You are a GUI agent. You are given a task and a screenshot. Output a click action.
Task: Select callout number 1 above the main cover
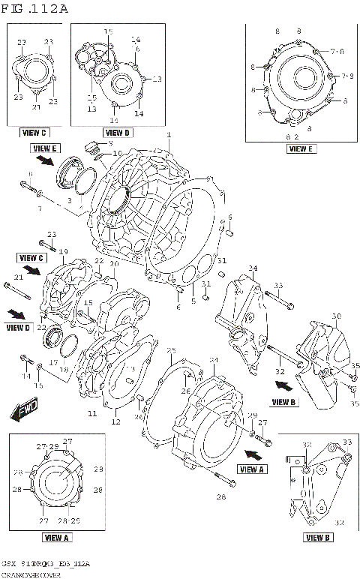pyautogui.click(x=169, y=135)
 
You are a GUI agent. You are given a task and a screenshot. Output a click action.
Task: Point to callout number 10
pyautogui.click(x=116, y=154)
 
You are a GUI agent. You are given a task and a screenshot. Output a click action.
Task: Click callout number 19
pyautogui.click(x=64, y=251)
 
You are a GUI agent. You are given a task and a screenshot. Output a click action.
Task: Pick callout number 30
pyautogui.click(x=336, y=316)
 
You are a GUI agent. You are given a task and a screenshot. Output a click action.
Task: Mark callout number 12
pyautogui.click(x=116, y=422)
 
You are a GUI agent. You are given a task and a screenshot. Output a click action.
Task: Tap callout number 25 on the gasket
pyautogui.click(x=171, y=351)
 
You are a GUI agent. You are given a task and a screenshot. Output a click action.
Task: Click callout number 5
pyautogui.click(x=193, y=301)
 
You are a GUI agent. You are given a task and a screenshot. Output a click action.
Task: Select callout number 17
pyautogui.click(x=53, y=361)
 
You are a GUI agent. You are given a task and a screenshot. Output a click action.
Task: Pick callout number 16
pyautogui.click(x=40, y=385)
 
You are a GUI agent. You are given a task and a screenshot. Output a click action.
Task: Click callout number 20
pyautogui.click(x=115, y=264)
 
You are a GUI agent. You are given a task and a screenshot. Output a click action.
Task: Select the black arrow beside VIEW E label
pyautogui.click(x=45, y=160)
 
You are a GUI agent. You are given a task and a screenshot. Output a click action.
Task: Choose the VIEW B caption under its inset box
pyautogui.click(x=318, y=537)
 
